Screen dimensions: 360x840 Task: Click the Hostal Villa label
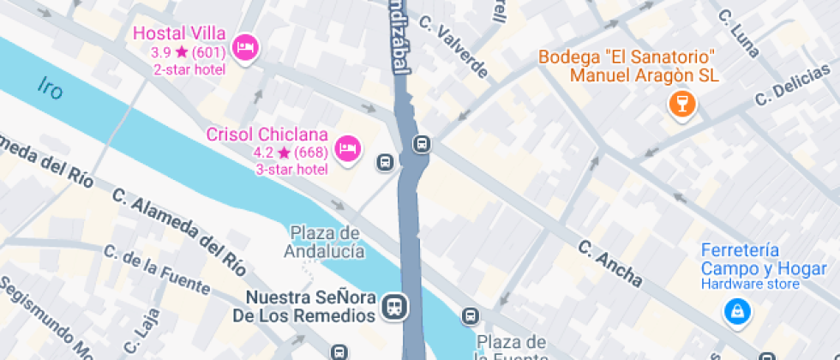point(179,34)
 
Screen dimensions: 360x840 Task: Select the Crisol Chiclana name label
point(267,135)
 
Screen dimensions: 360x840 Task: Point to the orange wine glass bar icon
point(682,105)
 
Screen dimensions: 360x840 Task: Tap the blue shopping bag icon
point(736,312)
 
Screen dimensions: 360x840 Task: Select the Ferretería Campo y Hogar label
point(751,260)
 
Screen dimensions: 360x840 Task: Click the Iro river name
point(51,87)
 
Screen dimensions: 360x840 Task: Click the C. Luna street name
point(739,33)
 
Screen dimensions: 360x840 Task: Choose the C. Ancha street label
point(609,263)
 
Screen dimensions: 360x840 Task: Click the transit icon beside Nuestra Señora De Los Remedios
point(395,306)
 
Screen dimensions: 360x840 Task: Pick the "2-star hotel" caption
point(190,69)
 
